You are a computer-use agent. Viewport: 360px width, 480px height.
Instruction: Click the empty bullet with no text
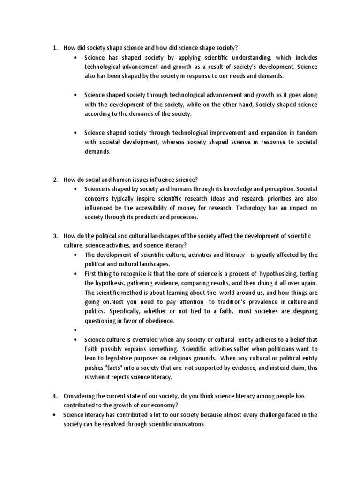coord(75,330)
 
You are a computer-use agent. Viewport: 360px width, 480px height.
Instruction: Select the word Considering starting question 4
coord(80,396)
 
